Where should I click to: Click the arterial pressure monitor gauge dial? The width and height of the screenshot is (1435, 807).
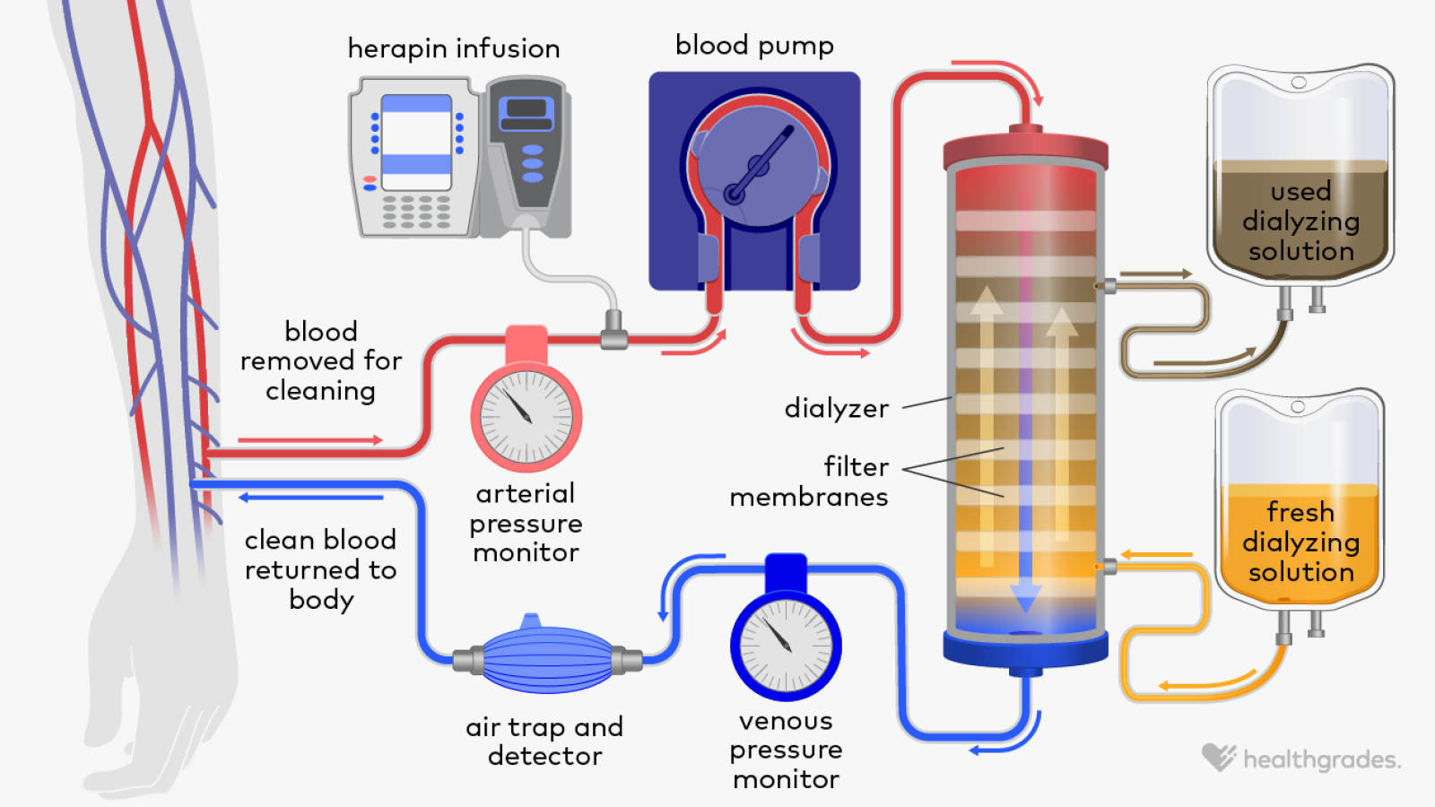526,417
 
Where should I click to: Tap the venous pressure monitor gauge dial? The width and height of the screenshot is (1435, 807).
786,645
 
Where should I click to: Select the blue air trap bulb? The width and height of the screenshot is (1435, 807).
547,661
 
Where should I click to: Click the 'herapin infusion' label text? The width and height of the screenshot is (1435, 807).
454,48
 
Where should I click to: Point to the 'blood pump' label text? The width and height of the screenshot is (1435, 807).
754,45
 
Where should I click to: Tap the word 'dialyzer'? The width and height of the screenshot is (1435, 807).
836,409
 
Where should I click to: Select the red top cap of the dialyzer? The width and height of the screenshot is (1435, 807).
1025,151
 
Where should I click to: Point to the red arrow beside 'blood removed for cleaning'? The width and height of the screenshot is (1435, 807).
309,440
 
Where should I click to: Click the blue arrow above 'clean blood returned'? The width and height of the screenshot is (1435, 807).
309,497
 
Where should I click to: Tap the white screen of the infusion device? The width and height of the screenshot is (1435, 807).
416,143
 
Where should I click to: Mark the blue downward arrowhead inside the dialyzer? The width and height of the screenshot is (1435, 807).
1025,597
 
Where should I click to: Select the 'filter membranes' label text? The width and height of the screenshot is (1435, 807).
809,482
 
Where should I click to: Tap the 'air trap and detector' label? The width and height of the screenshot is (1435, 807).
544,742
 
